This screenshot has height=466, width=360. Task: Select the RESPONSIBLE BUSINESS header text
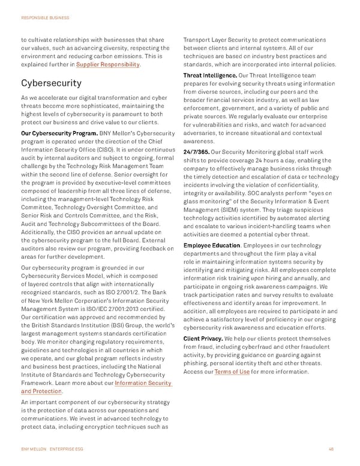point(46,18)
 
